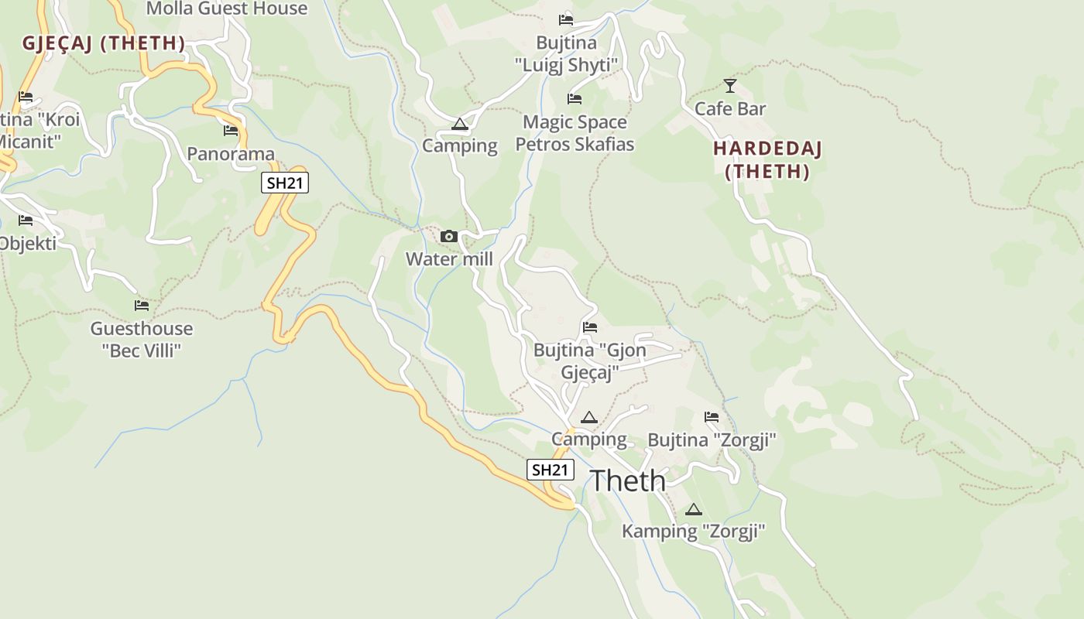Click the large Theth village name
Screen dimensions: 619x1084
(628, 480)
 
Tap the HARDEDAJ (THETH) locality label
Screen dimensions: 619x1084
(767, 160)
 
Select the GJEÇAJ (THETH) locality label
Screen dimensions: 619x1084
(104, 43)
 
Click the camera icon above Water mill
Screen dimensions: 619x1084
(448, 237)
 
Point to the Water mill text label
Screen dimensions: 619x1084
(449, 259)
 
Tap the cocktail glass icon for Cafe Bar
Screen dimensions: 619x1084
(729, 86)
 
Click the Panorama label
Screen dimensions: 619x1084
(231, 154)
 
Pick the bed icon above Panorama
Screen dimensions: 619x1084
(231, 131)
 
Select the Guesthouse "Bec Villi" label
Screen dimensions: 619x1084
(142, 340)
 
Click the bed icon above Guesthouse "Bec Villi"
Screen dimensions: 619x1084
(141, 306)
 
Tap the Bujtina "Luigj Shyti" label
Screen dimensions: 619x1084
(567, 53)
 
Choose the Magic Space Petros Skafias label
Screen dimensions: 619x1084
(575, 133)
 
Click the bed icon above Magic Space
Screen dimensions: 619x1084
(575, 99)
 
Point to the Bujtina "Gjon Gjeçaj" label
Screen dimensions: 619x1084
(589, 361)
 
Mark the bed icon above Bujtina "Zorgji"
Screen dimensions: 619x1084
(712, 417)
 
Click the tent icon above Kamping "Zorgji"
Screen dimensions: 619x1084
(694, 509)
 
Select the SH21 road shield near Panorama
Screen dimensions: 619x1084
(285, 183)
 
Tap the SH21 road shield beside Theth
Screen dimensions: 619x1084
(551, 470)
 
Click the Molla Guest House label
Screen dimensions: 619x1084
(227, 9)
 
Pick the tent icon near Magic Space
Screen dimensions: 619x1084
(460, 124)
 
